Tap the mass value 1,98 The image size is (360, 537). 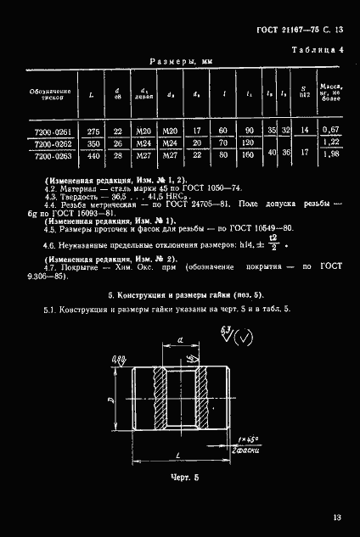click(330, 155)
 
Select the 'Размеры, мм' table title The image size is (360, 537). click(179, 62)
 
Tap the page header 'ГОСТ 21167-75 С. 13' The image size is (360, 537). click(299, 31)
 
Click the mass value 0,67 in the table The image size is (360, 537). click(330, 130)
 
